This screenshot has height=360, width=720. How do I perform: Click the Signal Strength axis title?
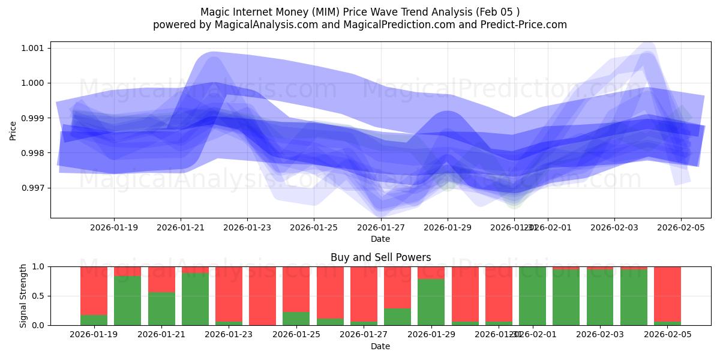pos(23,296)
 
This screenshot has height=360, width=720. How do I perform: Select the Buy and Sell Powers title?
pos(380,257)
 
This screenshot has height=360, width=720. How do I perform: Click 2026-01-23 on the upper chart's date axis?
pos(247,228)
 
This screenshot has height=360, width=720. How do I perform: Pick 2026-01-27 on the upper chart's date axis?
pos(380,228)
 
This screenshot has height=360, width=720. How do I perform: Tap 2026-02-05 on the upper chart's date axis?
pos(680,228)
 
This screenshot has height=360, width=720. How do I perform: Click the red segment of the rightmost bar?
pos(667,294)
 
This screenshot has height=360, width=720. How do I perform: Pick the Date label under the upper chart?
pos(380,239)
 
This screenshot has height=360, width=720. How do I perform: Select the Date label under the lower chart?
pos(380,346)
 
